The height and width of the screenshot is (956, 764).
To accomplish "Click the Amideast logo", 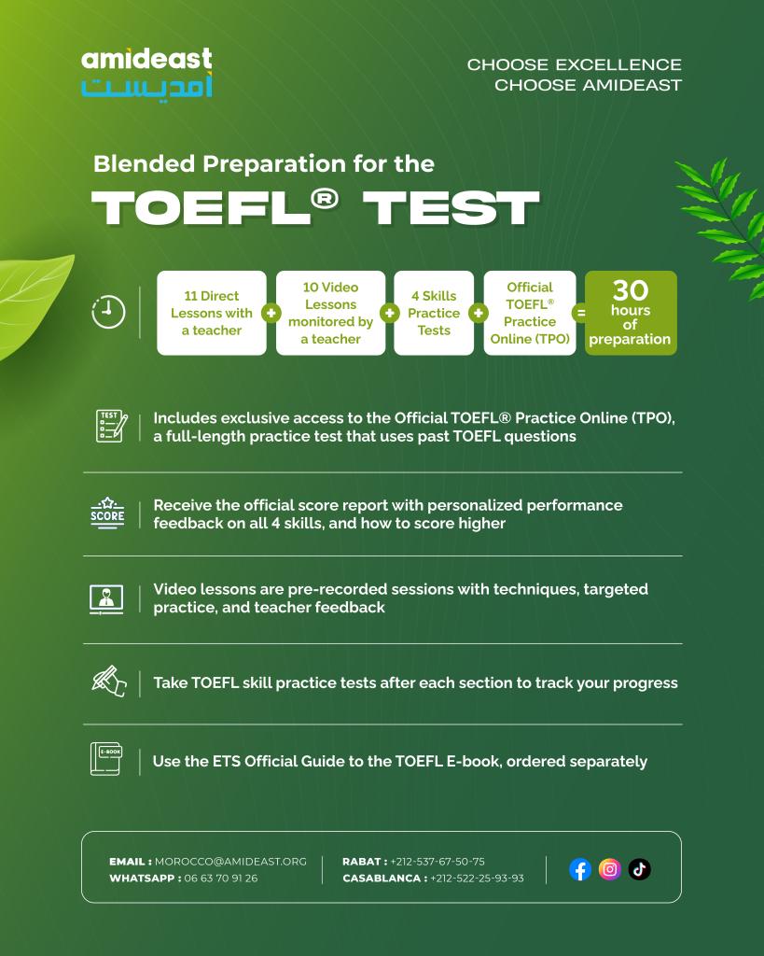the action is (146, 72).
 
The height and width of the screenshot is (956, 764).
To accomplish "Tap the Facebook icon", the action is (580, 869).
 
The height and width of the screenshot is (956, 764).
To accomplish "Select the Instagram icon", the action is (610, 869).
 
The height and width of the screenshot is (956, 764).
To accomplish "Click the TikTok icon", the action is (640, 869).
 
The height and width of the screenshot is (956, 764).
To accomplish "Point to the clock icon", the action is (108, 312).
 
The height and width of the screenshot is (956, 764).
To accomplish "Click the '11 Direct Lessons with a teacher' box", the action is (212, 313).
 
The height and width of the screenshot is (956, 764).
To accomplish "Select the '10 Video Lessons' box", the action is (330, 313).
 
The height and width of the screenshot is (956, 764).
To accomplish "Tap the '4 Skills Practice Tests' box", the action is (434, 313).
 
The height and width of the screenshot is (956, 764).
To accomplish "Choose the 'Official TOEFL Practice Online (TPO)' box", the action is (530, 313).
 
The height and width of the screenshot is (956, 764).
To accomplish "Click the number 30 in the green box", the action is (631, 290).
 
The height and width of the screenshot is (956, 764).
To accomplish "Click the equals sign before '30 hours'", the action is (581, 313).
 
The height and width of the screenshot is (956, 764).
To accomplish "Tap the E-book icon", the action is (106, 759).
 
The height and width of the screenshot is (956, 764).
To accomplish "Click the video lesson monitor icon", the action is (106, 599).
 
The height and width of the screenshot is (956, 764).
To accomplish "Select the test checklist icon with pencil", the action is (112, 426).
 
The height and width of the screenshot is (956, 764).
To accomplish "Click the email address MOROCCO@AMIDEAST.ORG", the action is (230, 862).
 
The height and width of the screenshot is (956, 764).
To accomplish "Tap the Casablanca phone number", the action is (477, 878).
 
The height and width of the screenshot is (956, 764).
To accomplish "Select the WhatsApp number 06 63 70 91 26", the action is (220, 878).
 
